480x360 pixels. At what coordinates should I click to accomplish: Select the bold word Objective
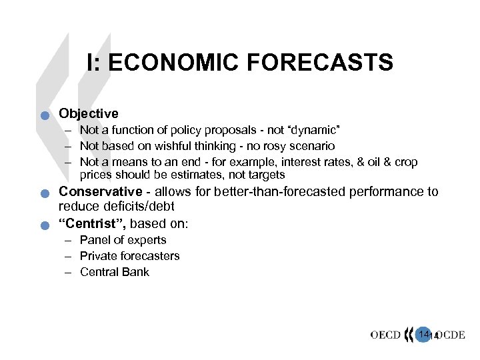[89, 113]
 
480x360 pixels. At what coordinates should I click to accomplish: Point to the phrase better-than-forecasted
[253, 192]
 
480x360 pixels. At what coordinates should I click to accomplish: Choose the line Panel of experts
[123, 240]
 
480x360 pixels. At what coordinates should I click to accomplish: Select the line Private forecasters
[129, 256]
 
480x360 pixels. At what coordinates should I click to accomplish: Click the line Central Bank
[114, 272]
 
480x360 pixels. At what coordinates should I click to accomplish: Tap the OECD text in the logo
[387, 335]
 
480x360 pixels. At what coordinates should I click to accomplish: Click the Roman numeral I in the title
[91, 63]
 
